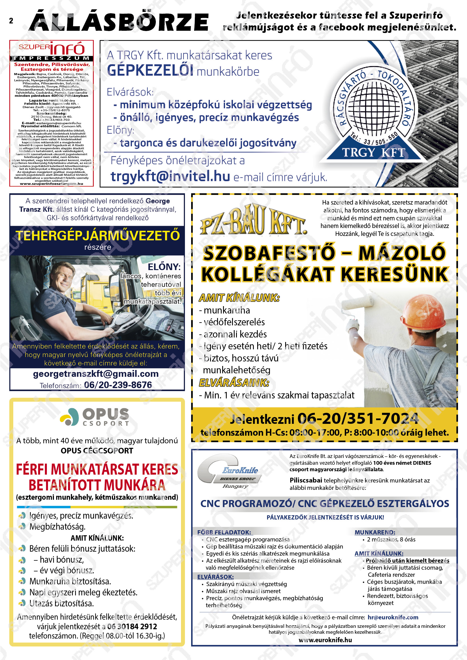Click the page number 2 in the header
tap(11, 21)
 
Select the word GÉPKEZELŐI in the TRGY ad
tap(150, 71)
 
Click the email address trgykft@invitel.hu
tap(170, 176)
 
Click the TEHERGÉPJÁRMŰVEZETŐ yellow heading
tap(97, 236)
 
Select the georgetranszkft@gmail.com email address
tap(96, 374)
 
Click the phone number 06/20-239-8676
tap(118, 385)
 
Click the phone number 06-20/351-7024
tap(357, 418)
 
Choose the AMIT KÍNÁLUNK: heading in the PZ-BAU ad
tap(239, 298)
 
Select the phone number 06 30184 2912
tap(132, 626)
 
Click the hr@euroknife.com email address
tap(393, 617)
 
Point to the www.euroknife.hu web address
tap(325, 640)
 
